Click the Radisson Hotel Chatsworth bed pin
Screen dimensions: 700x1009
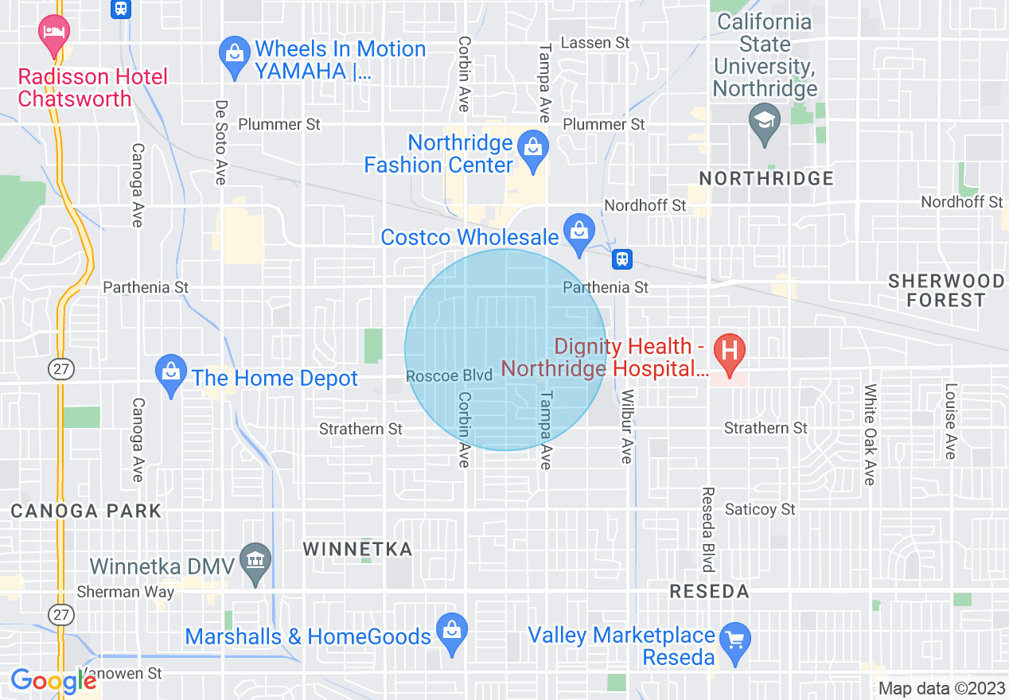pyautogui.click(x=54, y=33)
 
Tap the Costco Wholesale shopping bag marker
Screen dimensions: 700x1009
pyautogui.click(x=579, y=232)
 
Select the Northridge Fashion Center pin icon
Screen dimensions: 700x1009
pyautogui.click(x=532, y=149)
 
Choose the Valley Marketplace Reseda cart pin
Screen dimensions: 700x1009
pyautogui.click(x=734, y=640)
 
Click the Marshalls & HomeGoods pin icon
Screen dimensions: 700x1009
pyautogui.click(x=452, y=632)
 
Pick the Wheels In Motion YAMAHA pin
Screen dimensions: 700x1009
pyautogui.click(x=234, y=56)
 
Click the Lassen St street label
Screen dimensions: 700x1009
pyautogui.click(x=595, y=42)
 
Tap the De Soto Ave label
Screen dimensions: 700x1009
pyautogui.click(x=221, y=142)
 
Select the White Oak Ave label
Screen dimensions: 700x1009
pyautogui.click(x=869, y=434)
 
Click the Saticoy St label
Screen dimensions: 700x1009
pyautogui.click(x=760, y=509)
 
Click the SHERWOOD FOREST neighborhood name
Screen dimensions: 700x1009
pyautogui.click(x=945, y=290)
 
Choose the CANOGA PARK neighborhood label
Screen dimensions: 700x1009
pyautogui.click(x=86, y=511)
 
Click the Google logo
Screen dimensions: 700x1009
pyautogui.click(x=54, y=680)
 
